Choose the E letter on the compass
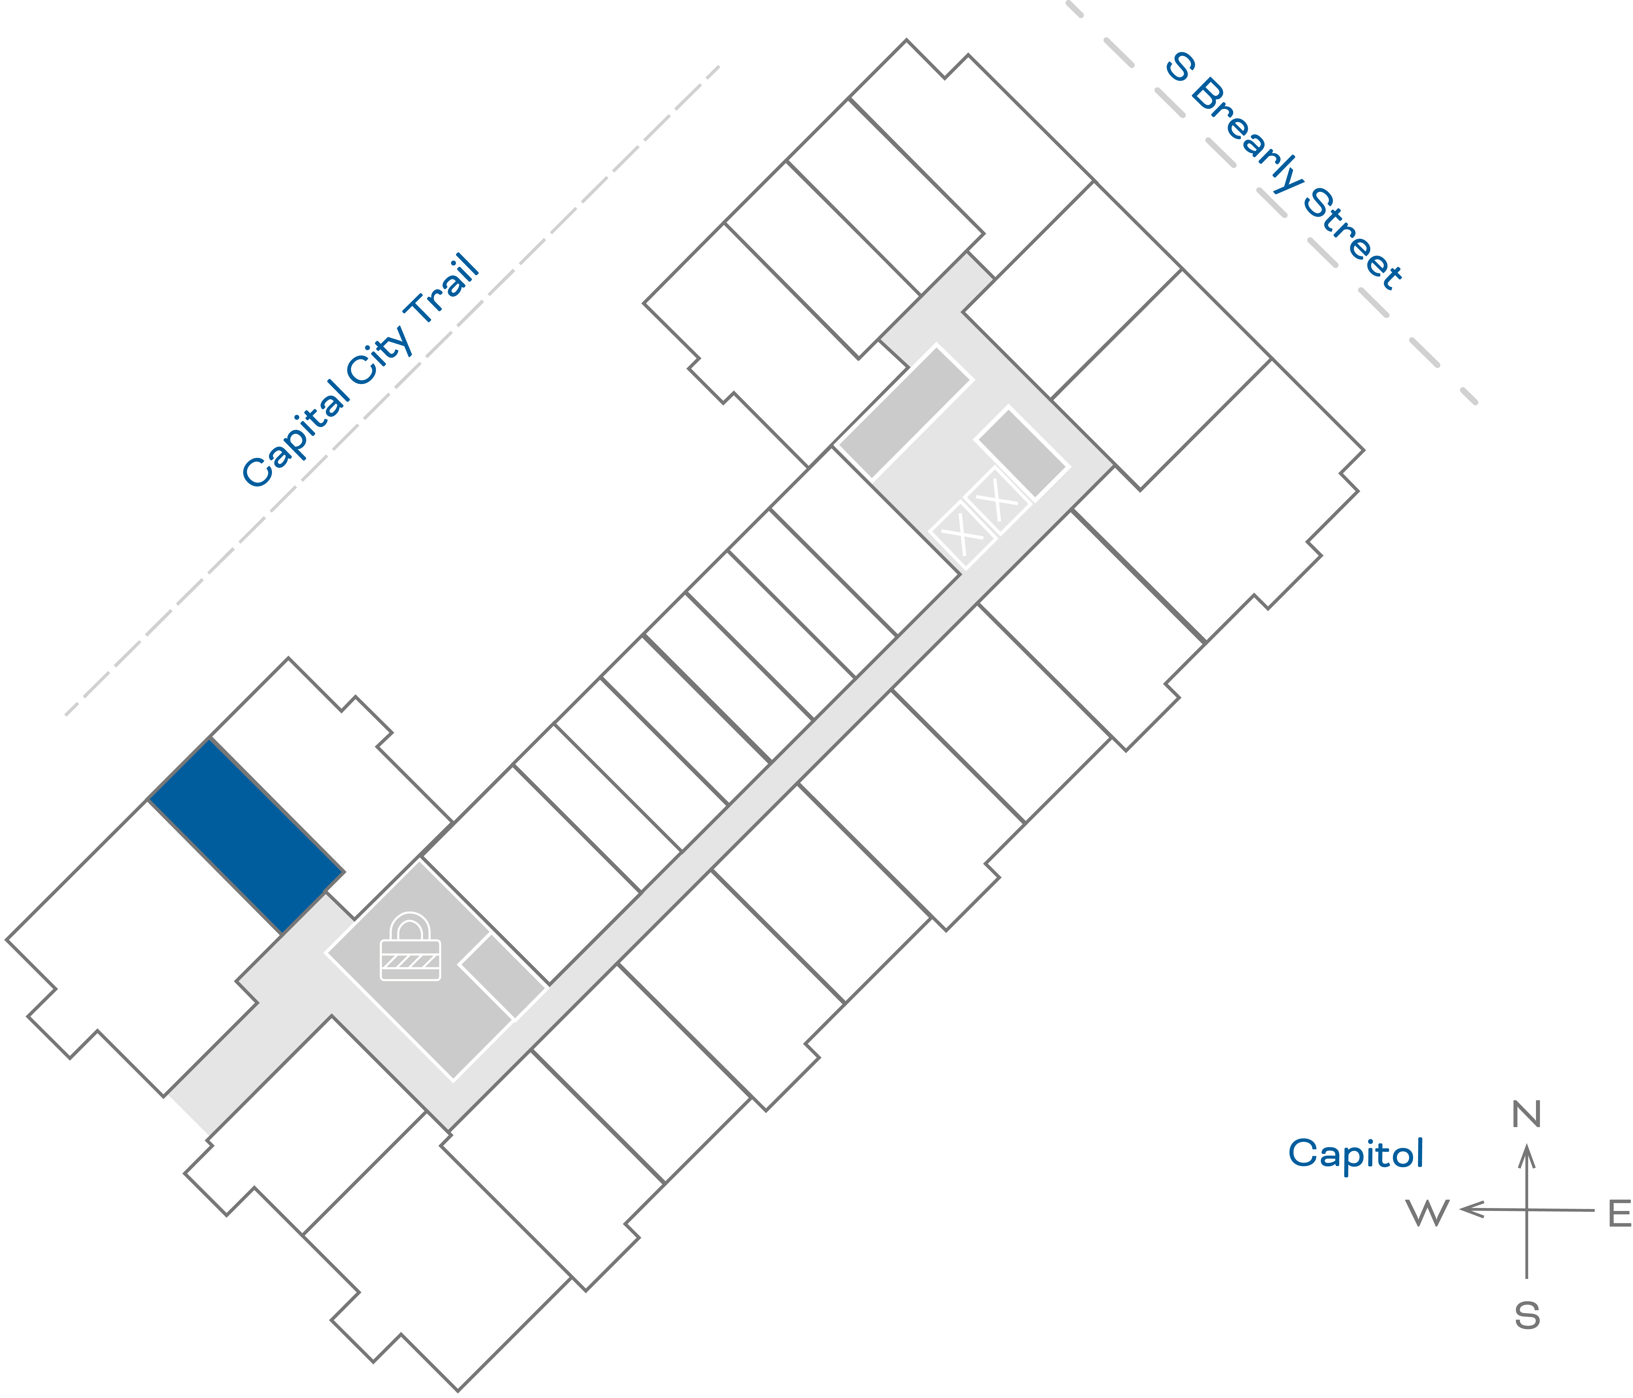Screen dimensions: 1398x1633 tap(1619, 1214)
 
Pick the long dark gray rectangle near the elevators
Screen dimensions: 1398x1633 tap(905, 411)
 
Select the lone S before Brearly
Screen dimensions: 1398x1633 tap(1179, 68)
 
